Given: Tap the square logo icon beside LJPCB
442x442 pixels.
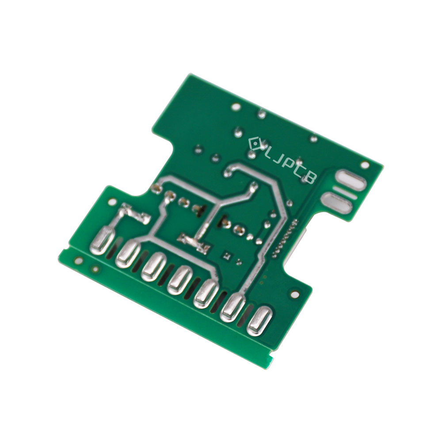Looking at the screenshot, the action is point(255,144).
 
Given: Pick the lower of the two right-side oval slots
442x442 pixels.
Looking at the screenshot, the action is point(337,202).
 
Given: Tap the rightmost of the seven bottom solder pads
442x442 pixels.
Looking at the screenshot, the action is point(259,321).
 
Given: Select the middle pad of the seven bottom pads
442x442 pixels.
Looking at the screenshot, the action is point(180,280).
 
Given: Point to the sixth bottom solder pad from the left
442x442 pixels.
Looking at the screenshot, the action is point(233,307).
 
